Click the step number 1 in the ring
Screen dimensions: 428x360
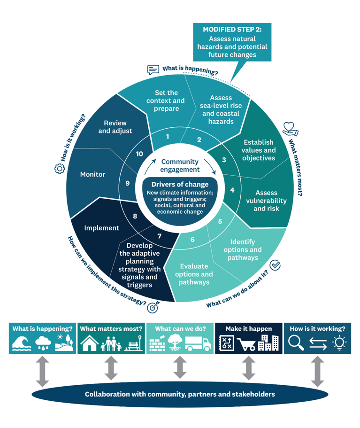tap(168, 137)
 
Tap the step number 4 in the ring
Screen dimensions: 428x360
tap(232, 191)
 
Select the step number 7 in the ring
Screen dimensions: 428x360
tap(160, 236)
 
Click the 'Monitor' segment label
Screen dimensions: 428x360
tap(92, 174)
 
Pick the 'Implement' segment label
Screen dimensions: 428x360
tap(101, 228)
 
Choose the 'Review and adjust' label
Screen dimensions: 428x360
tap(115, 127)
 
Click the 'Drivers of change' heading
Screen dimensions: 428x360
tap(180, 185)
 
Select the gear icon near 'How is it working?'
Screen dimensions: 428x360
tap(60, 169)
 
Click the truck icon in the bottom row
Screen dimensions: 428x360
tap(198, 344)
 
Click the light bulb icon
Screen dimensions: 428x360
tap(339, 344)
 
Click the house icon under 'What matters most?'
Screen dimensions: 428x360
tap(89, 344)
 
